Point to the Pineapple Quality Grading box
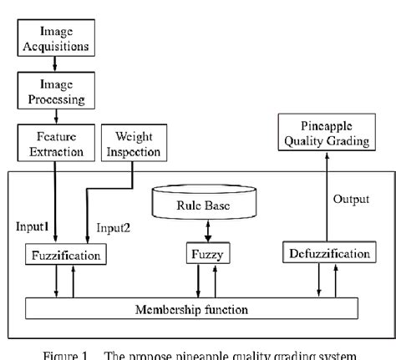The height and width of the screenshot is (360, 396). [326, 134]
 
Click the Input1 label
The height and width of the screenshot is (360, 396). [32, 226]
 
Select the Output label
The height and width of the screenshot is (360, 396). [348, 199]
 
